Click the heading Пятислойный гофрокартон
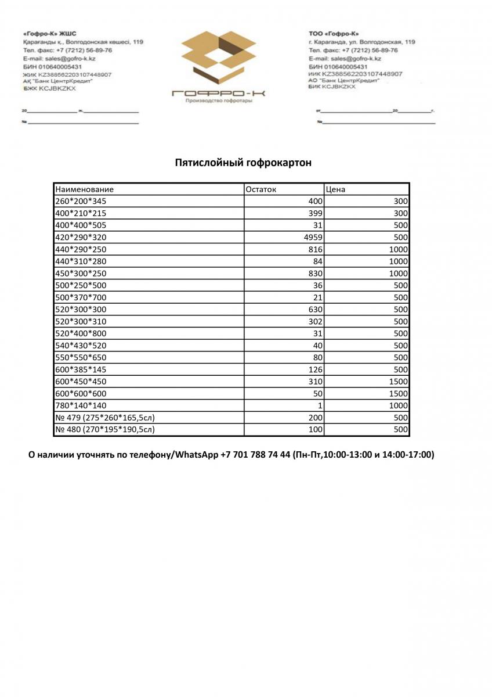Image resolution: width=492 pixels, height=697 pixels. click(x=243, y=163)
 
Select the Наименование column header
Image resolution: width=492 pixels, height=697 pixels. click(x=84, y=189)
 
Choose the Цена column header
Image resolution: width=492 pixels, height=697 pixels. click(x=336, y=189)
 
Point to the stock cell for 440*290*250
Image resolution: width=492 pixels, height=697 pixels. click(x=316, y=250)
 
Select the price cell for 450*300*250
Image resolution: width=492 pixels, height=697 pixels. click(x=399, y=274)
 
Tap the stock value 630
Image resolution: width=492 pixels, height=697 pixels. click(x=316, y=310)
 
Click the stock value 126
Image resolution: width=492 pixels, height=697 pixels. click(x=316, y=369)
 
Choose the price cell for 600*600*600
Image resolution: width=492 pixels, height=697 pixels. click(x=399, y=394)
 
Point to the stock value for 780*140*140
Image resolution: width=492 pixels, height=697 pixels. click(x=320, y=406)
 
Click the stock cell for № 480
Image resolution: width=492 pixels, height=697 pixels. click(x=316, y=430)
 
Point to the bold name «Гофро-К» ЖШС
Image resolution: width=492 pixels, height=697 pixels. click(x=50, y=34)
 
